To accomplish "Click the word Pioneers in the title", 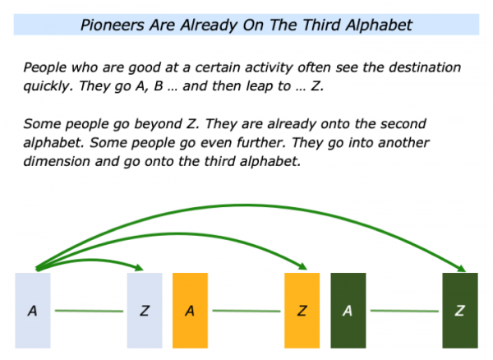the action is (112, 25).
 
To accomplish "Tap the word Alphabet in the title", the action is (379, 25).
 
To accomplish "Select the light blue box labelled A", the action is (33, 311).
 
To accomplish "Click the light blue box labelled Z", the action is (145, 311).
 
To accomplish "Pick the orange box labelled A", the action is (191, 311).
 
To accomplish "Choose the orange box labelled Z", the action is (302, 311).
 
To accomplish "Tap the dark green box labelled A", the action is (348, 311).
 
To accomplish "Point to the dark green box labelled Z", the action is (460, 311).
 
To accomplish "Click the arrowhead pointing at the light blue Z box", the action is (140, 268).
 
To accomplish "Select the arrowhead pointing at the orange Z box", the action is (302, 266).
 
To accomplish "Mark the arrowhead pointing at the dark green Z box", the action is (461, 268).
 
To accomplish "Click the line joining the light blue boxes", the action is (89, 311).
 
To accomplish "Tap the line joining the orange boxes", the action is (246, 311).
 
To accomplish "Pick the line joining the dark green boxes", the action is (404, 311).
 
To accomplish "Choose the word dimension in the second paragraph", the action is (57, 161).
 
